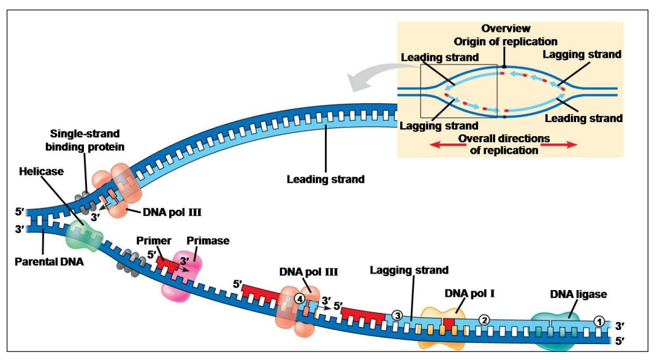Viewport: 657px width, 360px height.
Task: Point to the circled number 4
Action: [298, 299]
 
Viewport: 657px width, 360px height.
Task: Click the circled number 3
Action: [397, 316]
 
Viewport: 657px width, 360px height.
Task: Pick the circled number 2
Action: [484, 320]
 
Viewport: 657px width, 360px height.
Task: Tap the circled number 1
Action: [599, 321]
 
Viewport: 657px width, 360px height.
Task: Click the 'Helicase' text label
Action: [41, 172]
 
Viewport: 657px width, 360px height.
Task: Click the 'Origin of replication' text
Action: [506, 41]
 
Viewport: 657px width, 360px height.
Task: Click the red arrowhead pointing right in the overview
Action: [570, 145]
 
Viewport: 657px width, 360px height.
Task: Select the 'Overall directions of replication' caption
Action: [504, 144]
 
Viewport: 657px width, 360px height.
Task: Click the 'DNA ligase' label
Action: [579, 294]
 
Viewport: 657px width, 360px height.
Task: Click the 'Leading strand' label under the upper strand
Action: [325, 180]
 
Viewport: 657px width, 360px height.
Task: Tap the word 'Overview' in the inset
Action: [506, 29]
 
